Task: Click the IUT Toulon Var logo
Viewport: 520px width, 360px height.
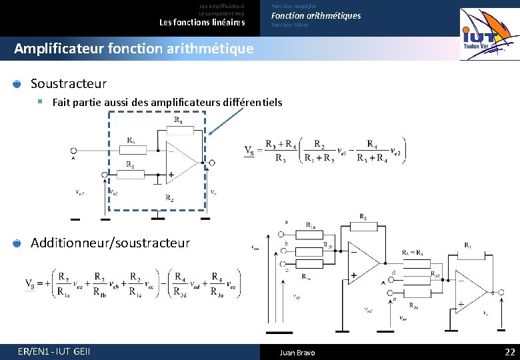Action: tap(489, 34)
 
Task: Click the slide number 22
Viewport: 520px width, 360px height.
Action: tap(510, 352)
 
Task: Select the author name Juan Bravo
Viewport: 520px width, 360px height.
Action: tap(297, 352)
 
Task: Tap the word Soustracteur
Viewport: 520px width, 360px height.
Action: tap(69, 83)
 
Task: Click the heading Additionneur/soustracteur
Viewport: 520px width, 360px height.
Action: tap(110, 243)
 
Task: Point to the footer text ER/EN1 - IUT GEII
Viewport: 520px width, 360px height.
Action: tap(55, 351)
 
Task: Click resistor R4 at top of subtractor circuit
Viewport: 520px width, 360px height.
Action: tap(179, 129)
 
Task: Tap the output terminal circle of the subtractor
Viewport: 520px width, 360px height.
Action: tap(212, 162)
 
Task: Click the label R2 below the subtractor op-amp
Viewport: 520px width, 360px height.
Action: tap(170, 198)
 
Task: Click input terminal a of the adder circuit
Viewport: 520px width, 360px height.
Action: tap(281, 234)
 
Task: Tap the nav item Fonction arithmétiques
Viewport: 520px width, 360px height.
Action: tap(315, 15)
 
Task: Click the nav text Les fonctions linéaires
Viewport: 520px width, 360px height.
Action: tap(202, 22)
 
